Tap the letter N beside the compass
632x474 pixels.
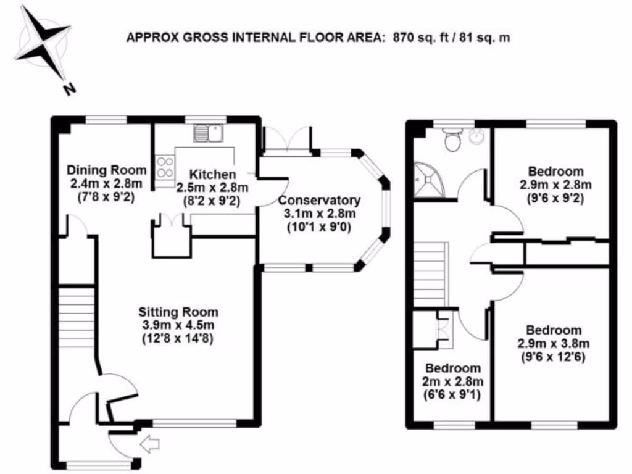pyautogui.click(x=69, y=89)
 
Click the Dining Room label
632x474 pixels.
pyautogui.click(x=107, y=170)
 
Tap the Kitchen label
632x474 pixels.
pyautogui.click(x=212, y=174)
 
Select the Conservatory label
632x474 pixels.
pyautogui.click(x=319, y=201)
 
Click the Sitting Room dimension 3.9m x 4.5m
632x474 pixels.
pyautogui.click(x=178, y=325)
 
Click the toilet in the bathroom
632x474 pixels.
pyautogui.click(x=454, y=141)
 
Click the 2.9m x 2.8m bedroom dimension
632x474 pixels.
pyautogui.click(x=555, y=185)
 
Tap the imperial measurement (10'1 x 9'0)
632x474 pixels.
pyautogui.click(x=319, y=226)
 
